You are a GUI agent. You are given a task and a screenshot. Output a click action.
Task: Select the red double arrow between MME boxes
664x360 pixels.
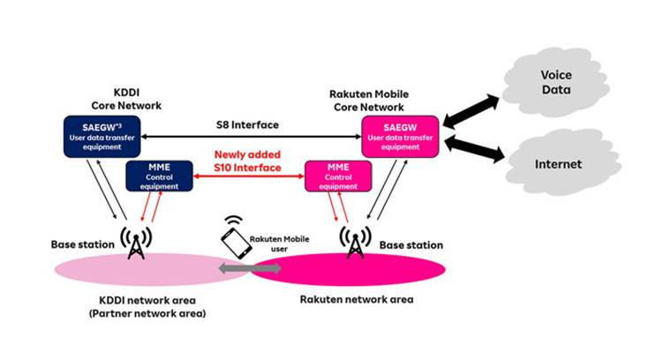(x=250, y=179)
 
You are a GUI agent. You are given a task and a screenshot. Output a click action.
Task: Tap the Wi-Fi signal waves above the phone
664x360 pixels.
(x=233, y=221)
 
